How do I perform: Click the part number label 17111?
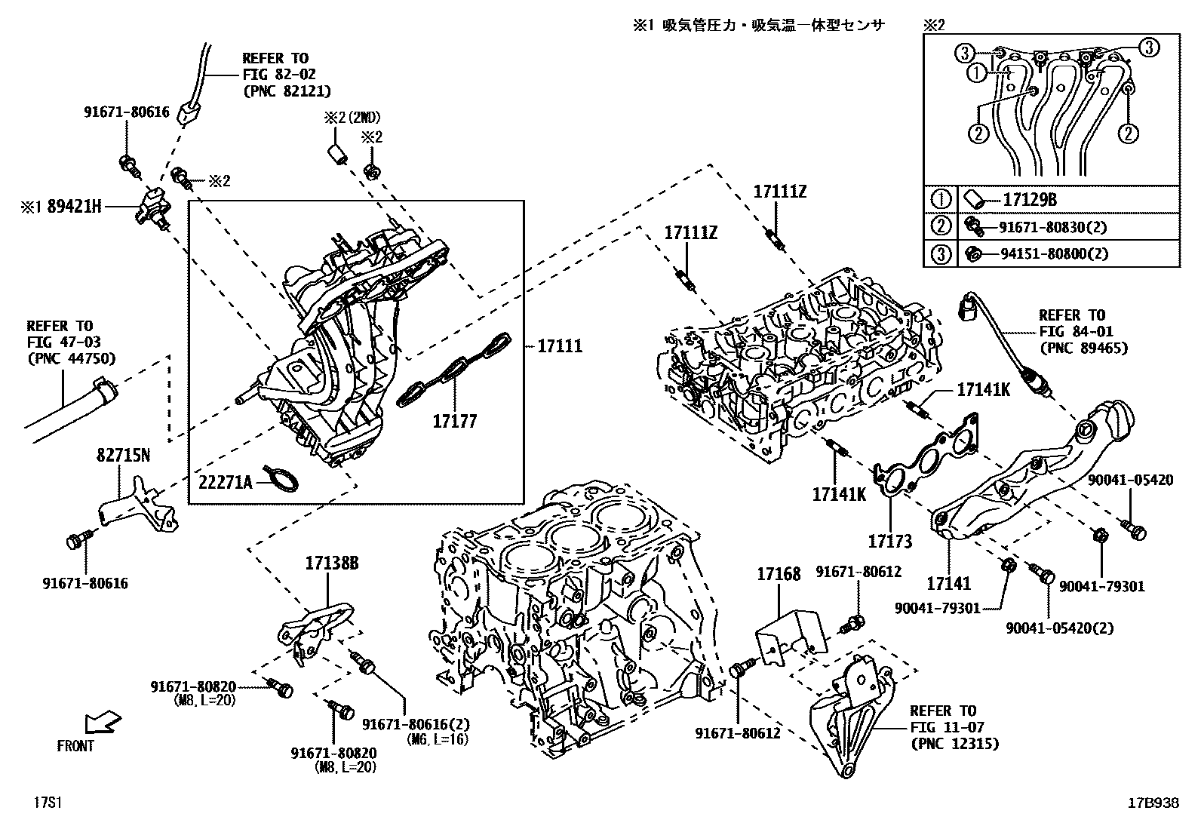[x=560, y=346]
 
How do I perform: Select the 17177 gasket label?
[x=454, y=422]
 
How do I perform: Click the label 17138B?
[x=331, y=563]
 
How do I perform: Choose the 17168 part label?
[x=779, y=576]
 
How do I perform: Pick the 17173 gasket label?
[x=889, y=541]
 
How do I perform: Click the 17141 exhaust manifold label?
[x=949, y=583]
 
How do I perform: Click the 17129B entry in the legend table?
[x=1029, y=200]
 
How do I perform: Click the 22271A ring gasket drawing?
[x=284, y=479]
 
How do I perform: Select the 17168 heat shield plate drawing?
[x=791, y=634]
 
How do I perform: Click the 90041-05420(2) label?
[x=1059, y=628]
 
